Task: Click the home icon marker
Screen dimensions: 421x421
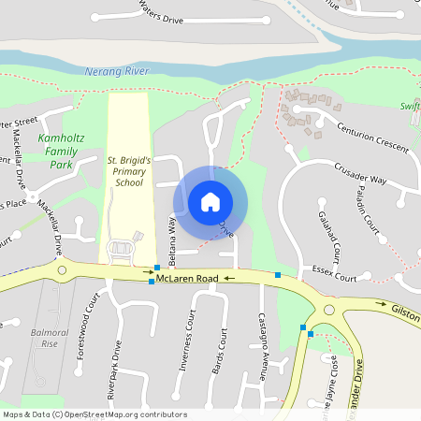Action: [x=210, y=201]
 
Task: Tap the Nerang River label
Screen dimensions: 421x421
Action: [x=116, y=71]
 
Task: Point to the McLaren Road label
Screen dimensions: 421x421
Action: [x=187, y=279]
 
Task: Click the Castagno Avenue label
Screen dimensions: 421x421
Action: [x=264, y=337]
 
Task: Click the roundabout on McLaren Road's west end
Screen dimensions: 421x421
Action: [x=63, y=270]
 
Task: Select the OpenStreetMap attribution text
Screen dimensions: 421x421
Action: [x=94, y=414]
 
